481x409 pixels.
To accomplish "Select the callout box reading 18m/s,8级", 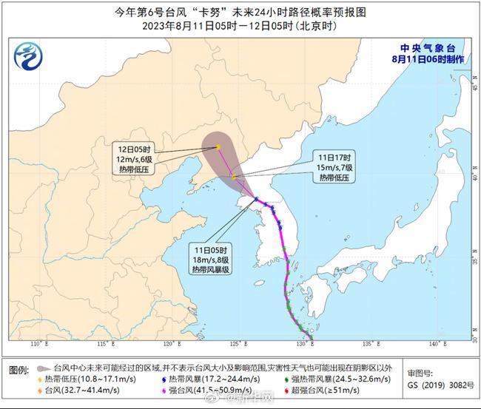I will [209, 260].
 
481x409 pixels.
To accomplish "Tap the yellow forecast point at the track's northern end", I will [218, 146].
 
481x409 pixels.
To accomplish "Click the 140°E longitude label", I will [435, 344].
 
